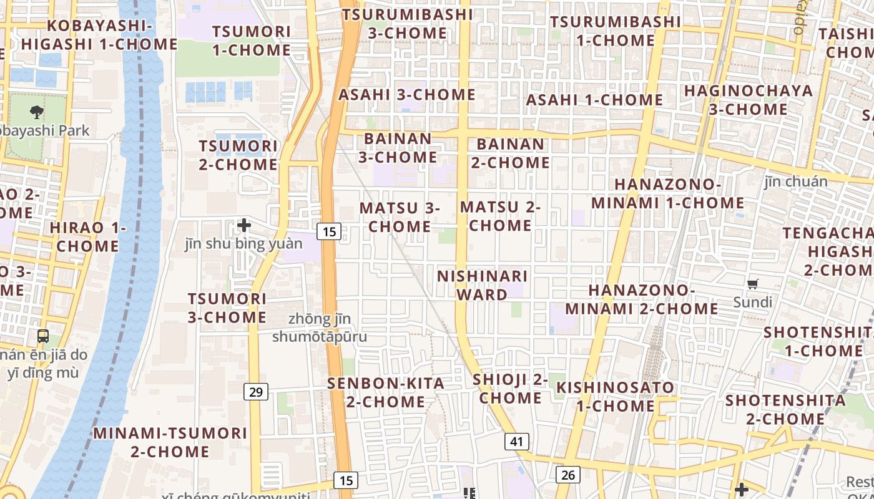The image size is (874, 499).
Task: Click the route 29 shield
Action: coord(256,392)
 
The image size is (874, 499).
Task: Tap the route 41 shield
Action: coord(516,442)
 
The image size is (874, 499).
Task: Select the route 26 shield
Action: coord(567,475)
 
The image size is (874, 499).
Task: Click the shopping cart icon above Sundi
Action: coord(753,284)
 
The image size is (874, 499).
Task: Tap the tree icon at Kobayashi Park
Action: coord(37,112)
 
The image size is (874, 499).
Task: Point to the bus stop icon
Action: coord(43,336)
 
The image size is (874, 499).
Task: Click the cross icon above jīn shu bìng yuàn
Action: coord(244,225)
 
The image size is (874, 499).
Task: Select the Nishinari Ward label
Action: coord(483,285)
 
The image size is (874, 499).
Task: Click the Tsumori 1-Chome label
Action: coord(252,41)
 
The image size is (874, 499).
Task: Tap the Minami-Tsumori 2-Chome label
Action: coord(170,442)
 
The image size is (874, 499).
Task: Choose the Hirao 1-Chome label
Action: coord(87,237)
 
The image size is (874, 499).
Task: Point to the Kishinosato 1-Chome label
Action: coord(616,397)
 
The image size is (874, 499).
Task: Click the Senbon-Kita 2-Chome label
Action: coord(386,392)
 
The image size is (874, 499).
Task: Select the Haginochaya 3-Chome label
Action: coord(749,100)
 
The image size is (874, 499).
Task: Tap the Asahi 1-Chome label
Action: coord(594,100)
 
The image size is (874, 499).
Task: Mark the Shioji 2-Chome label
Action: coord(511,389)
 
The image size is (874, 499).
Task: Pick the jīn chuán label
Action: coord(796,182)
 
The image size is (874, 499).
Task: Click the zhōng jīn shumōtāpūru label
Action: coord(320,328)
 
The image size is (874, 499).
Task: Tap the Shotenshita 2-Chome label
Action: coord(785,409)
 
